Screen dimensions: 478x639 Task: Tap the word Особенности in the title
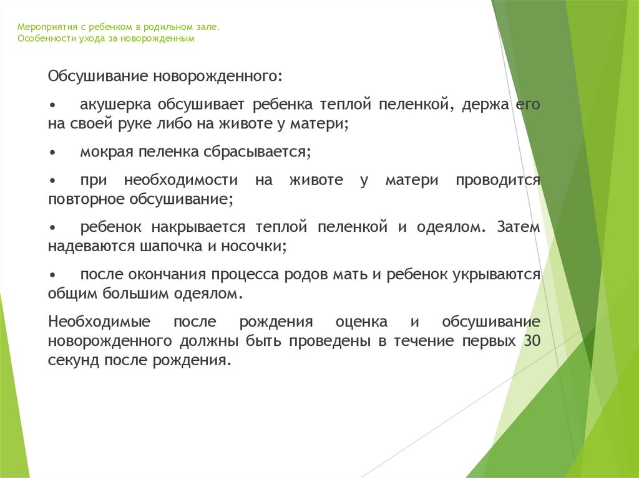click(44, 39)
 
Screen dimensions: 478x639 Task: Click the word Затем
click(519, 227)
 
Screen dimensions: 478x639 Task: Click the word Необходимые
click(99, 322)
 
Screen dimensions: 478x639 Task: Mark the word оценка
click(361, 322)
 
